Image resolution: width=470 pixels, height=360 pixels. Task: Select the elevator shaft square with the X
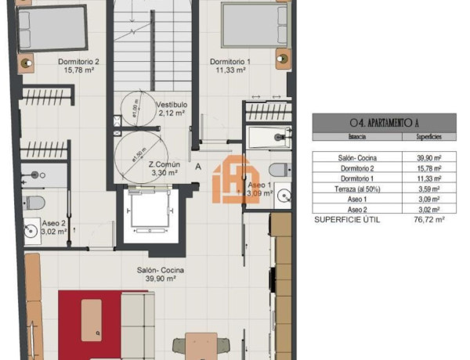tap(153, 214)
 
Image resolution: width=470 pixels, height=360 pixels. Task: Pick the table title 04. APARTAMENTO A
tap(384, 122)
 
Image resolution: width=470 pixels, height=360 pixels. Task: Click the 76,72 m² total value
tap(429, 220)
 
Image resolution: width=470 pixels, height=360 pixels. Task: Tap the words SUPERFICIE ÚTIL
tap(346, 220)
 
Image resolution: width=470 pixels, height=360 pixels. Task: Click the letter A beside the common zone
tap(198, 167)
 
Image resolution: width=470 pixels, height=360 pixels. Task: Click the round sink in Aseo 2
tap(31, 230)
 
